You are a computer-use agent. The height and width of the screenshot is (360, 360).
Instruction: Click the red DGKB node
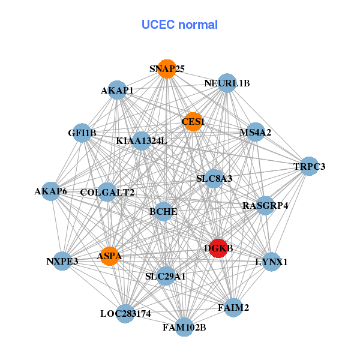click(218, 248)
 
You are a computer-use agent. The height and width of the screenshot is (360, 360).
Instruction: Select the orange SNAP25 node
click(167, 69)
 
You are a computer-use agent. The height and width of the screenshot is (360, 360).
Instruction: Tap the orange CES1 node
click(193, 122)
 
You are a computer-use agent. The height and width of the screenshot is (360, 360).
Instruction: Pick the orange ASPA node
click(109, 256)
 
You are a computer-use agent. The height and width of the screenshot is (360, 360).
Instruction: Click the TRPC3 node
click(309, 166)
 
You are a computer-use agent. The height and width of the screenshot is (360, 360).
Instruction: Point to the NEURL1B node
click(227, 83)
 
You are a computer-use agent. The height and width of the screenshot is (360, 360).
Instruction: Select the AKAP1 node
click(118, 91)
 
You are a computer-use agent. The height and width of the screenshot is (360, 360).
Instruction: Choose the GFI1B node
click(82, 133)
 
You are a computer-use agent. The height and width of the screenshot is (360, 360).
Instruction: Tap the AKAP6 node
click(51, 191)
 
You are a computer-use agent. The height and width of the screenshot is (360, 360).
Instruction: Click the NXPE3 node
click(62, 262)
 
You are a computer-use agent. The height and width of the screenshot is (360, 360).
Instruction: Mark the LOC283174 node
click(125, 313)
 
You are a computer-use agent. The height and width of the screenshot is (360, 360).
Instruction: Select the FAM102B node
click(184, 327)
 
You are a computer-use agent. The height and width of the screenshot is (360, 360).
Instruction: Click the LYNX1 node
click(271, 262)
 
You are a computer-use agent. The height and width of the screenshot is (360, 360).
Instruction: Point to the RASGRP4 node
click(265, 206)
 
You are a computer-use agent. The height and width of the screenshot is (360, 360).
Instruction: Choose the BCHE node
click(163, 212)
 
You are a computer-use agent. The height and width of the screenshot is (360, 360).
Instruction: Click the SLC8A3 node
click(214, 178)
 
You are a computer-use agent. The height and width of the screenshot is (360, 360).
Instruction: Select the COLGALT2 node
click(108, 192)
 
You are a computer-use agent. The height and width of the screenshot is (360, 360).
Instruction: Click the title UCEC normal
click(179, 25)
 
